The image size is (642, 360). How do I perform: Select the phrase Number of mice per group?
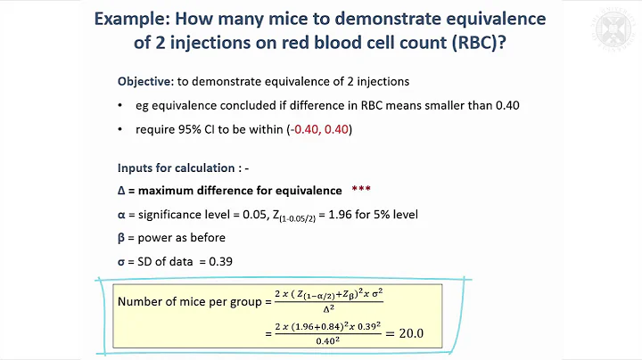pos(185,302)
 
